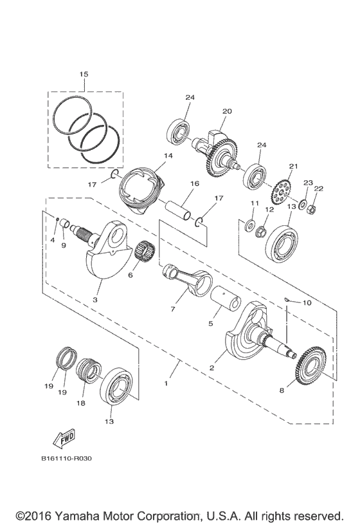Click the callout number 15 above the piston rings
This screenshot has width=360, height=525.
coord(84,75)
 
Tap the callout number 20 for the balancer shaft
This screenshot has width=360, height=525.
coord(226,111)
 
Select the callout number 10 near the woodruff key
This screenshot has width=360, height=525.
coord(306,302)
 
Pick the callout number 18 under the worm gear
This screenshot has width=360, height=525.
coord(82,403)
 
